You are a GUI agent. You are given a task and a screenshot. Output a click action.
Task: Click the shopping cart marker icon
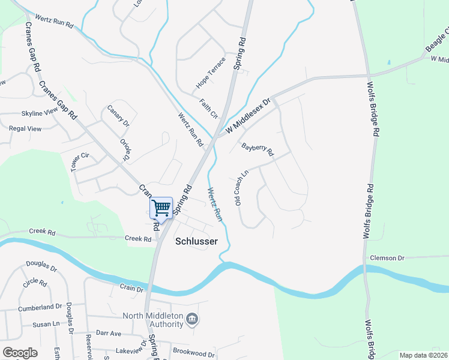click(x=161, y=208)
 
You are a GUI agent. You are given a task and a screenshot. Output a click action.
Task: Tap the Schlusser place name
click(x=195, y=242)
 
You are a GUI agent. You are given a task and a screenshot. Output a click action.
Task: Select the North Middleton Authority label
click(x=152, y=320)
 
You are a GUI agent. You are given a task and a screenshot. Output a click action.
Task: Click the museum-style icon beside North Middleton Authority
click(x=192, y=317)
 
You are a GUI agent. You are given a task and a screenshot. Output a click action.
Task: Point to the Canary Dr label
click(x=118, y=115)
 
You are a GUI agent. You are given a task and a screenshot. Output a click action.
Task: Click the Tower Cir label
click(x=80, y=162)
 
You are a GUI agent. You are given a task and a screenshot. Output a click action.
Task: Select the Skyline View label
click(x=40, y=113)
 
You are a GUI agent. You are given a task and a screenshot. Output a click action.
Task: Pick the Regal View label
click(x=25, y=128)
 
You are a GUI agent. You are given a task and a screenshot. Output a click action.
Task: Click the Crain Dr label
click(x=131, y=289)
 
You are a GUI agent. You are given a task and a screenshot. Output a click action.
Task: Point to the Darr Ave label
click(x=109, y=333)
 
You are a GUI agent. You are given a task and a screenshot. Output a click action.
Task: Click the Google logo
click(x=20, y=353)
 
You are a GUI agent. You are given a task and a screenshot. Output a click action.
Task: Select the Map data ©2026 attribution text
click(x=423, y=355)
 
